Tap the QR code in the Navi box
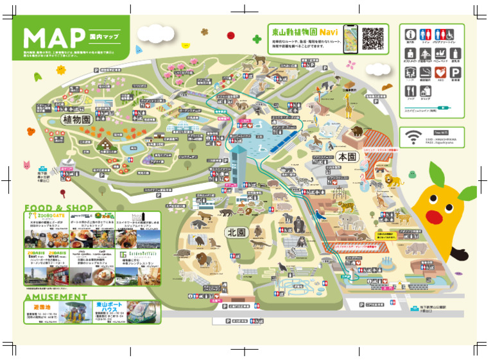(x=373, y=39)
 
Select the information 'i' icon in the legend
(x=410, y=33)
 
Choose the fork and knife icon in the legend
(x=410, y=94)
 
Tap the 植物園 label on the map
(x=76, y=119)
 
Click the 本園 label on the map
(x=347, y=157)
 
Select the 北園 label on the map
(x=234, y=232)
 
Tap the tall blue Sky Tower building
(x=239, y=167)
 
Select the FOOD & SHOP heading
(x=58, y=208)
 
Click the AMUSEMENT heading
(x=56, y=297)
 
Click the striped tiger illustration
(x=346, y=207)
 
